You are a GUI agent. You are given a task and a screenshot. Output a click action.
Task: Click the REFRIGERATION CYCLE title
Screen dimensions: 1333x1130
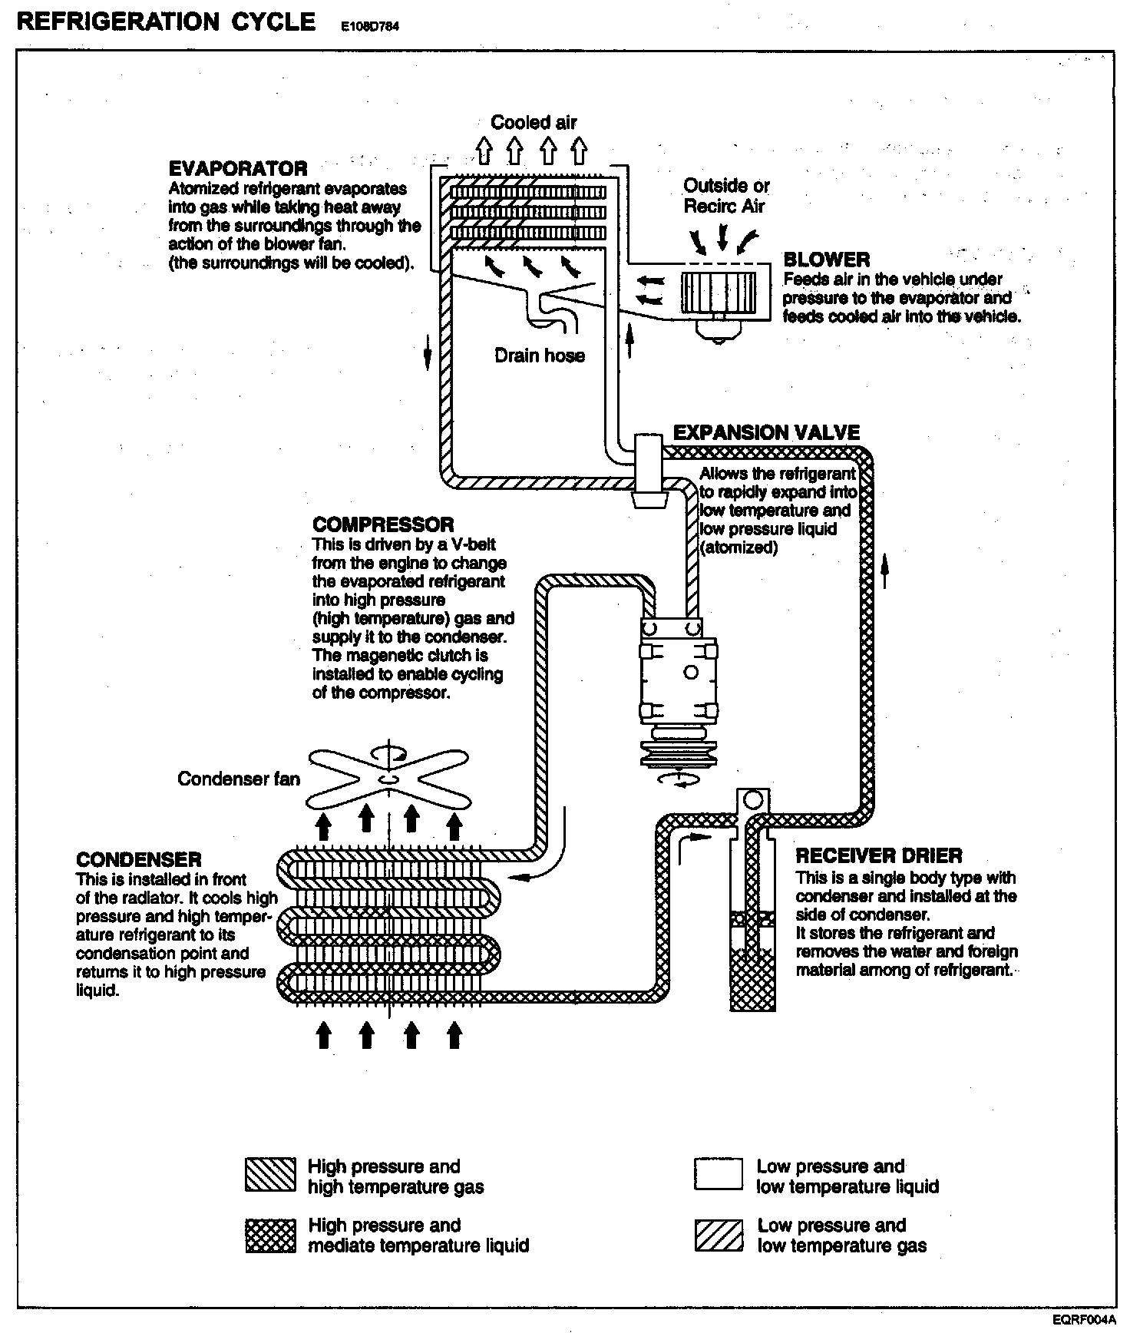166,21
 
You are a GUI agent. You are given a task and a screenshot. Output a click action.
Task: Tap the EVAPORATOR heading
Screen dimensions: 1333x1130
238,168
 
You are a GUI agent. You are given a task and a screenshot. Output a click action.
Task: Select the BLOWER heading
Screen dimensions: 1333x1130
827,260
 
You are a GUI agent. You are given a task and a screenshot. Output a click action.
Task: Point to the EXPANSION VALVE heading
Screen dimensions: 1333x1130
766,432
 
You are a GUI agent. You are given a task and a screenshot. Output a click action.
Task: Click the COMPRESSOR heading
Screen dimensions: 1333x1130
383,525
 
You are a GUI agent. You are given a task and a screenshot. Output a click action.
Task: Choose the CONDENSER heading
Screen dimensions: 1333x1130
139,859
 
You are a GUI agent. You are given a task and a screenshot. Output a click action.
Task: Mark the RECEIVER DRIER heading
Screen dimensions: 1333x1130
879,856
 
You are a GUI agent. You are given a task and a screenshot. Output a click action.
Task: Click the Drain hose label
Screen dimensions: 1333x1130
540,356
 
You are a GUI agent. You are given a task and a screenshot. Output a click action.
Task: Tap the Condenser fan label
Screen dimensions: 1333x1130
239,779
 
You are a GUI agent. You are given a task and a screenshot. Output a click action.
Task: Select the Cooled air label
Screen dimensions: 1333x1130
534,122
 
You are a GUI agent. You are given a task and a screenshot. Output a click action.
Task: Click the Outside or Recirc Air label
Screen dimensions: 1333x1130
726,196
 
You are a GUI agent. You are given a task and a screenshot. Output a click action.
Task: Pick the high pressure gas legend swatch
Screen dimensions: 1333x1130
270,1174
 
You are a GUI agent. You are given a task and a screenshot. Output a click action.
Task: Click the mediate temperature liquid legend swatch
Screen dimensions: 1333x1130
270,1235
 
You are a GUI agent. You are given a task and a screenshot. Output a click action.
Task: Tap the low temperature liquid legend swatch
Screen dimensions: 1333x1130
719,1174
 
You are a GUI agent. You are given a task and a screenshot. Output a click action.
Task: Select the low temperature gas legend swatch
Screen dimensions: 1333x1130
719,1235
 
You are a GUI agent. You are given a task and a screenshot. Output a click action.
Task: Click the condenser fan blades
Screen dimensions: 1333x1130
389,780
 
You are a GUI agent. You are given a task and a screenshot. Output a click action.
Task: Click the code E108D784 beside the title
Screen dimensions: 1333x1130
370,26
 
